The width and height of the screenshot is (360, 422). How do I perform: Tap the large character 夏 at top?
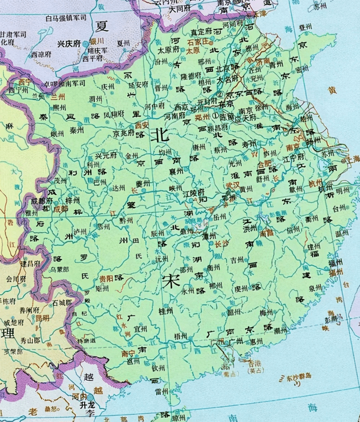(x=102, y=26)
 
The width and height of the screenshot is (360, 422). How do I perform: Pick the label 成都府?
(x=42, y=201)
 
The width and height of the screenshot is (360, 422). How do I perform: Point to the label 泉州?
(x=315, y=287)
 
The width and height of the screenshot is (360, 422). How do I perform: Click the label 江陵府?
(x=194, y=194)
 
